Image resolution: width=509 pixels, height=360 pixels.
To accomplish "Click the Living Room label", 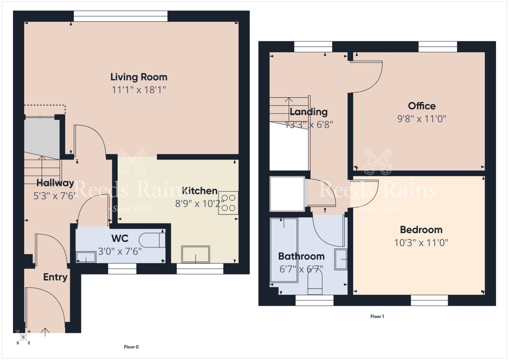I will pyautogui.click(x=139, y=77).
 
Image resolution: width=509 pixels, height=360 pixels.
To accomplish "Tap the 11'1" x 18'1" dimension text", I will pyautogui.click(x=139, y=90).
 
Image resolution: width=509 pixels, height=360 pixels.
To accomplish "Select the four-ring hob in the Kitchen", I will pyautogui.click(x=228, y=203).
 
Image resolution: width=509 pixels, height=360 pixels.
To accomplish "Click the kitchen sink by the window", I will pyautogui.click(x=195, y=254).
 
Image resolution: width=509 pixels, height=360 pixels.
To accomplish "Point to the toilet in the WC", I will pyautogui.click(x=152, y=240).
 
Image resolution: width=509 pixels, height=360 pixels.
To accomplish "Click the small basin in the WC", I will pyautogui.click(x=86, y=257).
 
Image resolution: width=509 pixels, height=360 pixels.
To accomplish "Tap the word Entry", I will pyautogui.click(x=55, y=277).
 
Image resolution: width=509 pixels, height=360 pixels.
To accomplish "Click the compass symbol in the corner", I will pyautogui.click(x=23, y=337).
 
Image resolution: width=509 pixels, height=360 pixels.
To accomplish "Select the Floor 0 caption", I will pyautogui.click(x=131, y=347).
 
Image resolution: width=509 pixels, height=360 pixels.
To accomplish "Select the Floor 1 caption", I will pyautogui.click(x=377, y=316).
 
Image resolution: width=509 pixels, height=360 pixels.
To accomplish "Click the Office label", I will pyautogui.click(x=422, y=106).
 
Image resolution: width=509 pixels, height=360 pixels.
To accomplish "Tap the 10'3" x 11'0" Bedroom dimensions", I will pyautogui.click(x=421, y=243).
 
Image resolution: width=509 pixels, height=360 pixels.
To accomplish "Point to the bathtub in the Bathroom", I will pyautogui.click(x=284, y=250).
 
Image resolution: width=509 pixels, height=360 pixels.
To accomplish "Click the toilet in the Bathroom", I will pyautogui.click(x=315, y=284).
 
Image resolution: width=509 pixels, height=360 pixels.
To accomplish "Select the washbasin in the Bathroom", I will pyautogui.click(x=341, y=259).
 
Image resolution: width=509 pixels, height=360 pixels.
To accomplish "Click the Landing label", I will pyautogui.click(x=308, y=112).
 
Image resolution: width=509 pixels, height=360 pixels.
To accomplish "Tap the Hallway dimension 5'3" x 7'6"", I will pyautogui.click(x=55, y=196).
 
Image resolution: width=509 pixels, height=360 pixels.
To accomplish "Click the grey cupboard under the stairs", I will pyautogui.click(x=42, y=137).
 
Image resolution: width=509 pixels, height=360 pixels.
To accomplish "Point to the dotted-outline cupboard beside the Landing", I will pyautogui.click(x=287, y=194).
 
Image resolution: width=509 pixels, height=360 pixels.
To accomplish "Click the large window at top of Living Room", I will pyautogui.click(x=121, y=16).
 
